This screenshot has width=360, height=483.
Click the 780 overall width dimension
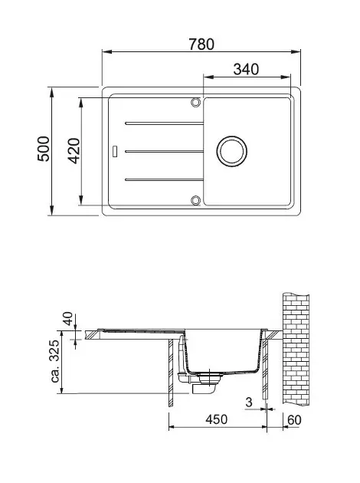point(201,44)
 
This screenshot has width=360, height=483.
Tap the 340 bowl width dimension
point(246,69)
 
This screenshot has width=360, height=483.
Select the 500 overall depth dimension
point(44,149)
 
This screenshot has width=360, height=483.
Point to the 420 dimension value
point(74,150)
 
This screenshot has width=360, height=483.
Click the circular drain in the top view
point(231,151)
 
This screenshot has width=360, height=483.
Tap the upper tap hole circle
point(195,102)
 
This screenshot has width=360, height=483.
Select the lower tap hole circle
point(195,200)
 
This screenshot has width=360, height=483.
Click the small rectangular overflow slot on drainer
point(115,151)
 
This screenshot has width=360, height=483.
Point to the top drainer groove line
point(165,123)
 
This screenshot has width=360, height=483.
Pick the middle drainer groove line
point(165,151)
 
